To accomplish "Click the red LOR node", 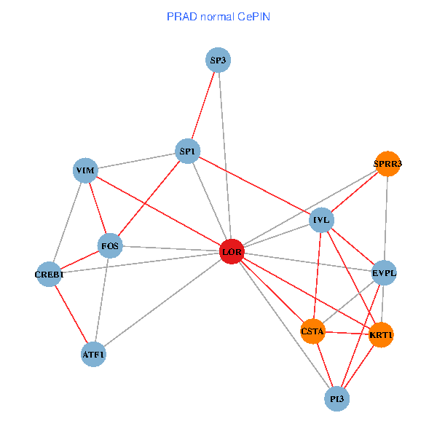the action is pyautogui.click(x=232, y=252).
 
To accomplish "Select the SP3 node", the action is pyautogui.click(x=218, y=60).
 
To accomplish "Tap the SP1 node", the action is pyautogui.click(x=188, y=151).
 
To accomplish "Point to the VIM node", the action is pyautogui.click(x=85, y=170).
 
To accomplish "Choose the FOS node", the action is pyautogui.click(x=110, y=246).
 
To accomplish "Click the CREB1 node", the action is pyautogui.click(x=49, y=275).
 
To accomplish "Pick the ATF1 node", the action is pyautogui.click(x=94, y=355).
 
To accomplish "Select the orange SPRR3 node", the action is pyautogui.click(x=387, y=164).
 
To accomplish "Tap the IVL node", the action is pyautogui.click(x=321, y=219).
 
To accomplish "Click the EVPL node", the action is pyautogui.click(x=384, y=273).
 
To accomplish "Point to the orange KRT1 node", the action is pyautogui.click(x=381, y=335).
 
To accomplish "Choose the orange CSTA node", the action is pyautogui.click(x=312, y=331).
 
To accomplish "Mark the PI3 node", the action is pyautogui.click(x=336, y=398).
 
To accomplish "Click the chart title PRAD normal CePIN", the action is pyautogui.click(x=219, y=16).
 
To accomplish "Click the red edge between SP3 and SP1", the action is pyautogui.click(x=203, y=106).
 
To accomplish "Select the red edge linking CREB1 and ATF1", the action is pyautogui.click(x=71, y=315).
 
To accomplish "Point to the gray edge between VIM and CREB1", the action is pyautogui.click(x=67, y=222).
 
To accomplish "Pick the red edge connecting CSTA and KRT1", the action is pyautogui.click(x=347, y=334).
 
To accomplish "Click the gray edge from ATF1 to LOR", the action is pyautogui.click(x=162, y=304).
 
